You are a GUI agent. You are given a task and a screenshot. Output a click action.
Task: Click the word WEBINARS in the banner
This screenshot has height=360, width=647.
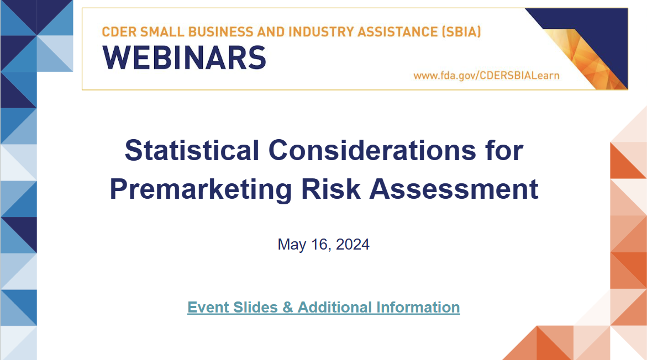[184, 57]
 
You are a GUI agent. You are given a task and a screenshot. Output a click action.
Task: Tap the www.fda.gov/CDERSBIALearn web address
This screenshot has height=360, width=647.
[486, 75]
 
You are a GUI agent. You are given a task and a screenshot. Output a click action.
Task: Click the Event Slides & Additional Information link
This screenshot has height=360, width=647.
[323, 307]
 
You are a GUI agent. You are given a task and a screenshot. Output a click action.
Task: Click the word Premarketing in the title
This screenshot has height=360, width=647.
[201, 189]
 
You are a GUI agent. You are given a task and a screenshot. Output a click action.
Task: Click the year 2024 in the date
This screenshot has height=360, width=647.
[352, 244]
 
